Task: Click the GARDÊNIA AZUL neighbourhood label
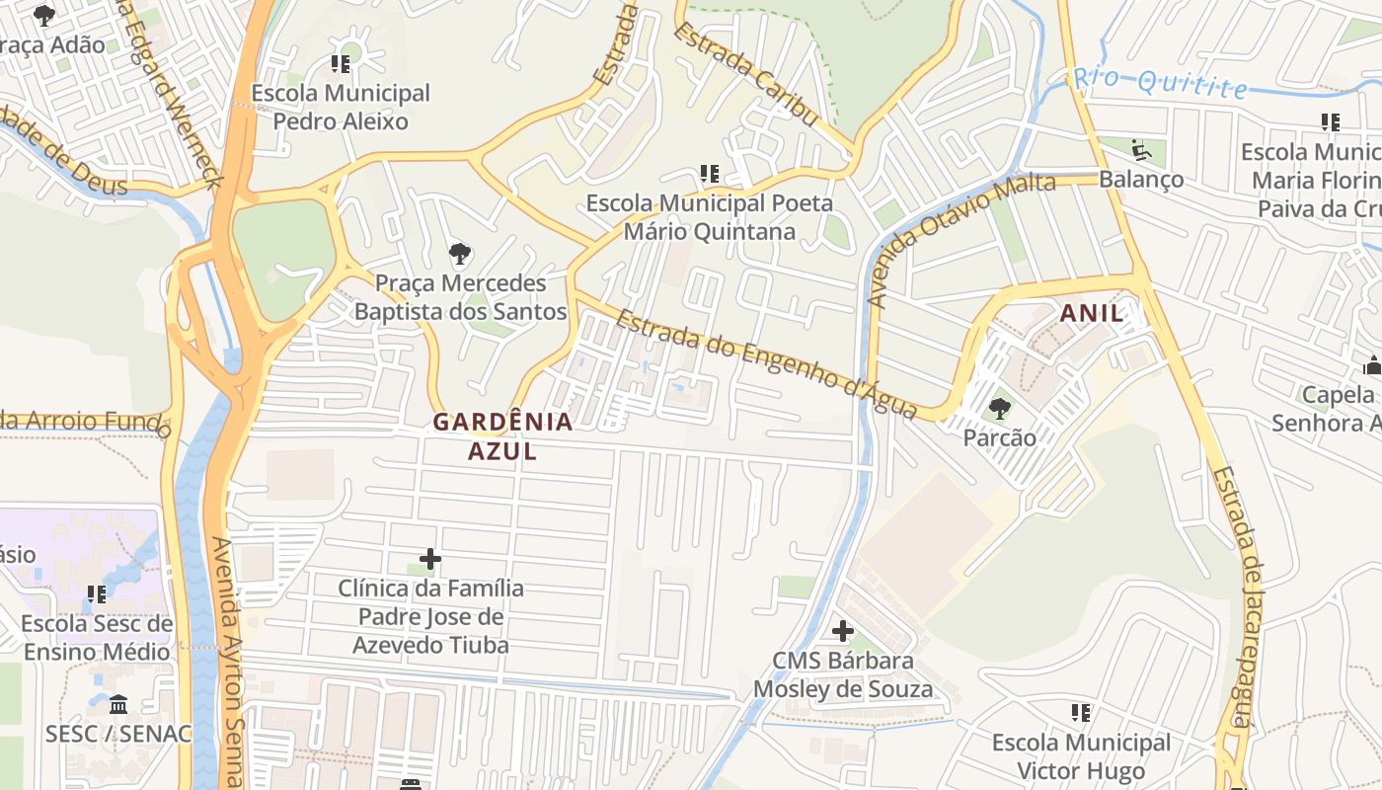point(502,436)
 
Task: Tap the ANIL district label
point(1092,314)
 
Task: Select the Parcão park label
point(1000,437)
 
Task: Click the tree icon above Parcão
point(1000,408)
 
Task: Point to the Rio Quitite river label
point(1161,83)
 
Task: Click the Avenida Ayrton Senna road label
point(227,662)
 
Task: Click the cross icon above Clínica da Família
point(430,559)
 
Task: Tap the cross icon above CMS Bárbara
point(843,631)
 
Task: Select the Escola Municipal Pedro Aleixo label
point(341,108)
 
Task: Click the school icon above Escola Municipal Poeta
point(709,175)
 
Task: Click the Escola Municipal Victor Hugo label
point(1081,756)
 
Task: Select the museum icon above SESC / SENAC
point(118,705)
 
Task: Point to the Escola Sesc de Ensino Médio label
point(97,638)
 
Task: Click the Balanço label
point(1141,180)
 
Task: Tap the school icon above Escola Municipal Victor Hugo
point(1081,713)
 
